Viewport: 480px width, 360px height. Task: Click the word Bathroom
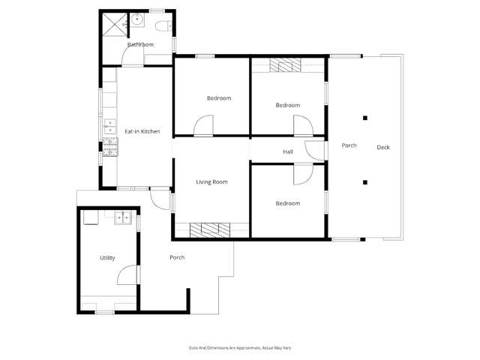coord(140,45)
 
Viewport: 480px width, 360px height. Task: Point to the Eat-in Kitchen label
coord(142,132)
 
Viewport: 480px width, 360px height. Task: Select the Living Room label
coord(211,182)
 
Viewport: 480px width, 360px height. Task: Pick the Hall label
coord(287,152)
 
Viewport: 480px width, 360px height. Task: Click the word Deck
coord(383,147)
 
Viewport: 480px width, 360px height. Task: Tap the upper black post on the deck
coord(365,117)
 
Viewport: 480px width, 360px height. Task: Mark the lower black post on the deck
coord(365,181)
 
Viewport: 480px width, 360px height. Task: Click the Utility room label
coord(107,258)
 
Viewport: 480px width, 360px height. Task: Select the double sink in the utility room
coord(124,219)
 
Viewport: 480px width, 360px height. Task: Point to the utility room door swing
coord(127,274)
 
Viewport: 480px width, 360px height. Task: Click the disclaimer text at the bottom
coord(239,348)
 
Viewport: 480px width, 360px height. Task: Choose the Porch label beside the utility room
coord(177,258)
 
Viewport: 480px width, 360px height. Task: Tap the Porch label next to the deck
coord(348,145)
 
